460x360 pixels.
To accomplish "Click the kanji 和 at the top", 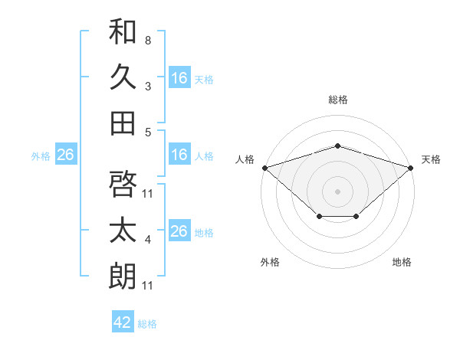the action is [123, 31].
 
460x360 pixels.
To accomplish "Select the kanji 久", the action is [123, 77].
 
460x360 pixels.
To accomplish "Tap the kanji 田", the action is [123, 123].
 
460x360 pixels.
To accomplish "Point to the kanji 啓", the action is [123, 184].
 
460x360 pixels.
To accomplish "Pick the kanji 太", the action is [123, 230].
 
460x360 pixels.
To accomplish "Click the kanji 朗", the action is [123, 276].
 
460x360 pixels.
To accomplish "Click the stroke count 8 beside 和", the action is [148, 41].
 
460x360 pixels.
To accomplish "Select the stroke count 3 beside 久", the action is [148, 87].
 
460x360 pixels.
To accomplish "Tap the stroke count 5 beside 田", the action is [148, 133].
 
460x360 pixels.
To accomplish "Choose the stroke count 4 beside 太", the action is [148, 240].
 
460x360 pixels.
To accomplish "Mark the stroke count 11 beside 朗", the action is [147, 286].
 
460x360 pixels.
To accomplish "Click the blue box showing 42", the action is [123, 321].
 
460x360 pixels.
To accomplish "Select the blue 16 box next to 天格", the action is [179, 77].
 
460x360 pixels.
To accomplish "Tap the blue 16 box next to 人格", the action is [179, 154].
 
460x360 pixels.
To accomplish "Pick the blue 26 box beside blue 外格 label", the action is [66, 154].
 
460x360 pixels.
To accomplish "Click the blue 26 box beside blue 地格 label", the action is [179, 230].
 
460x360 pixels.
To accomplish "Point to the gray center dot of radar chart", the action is [337, 191].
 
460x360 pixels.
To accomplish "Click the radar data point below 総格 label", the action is [337, 146].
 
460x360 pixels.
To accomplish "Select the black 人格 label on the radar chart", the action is [245, 159].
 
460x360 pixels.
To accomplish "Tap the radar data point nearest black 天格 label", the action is [411, 168].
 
